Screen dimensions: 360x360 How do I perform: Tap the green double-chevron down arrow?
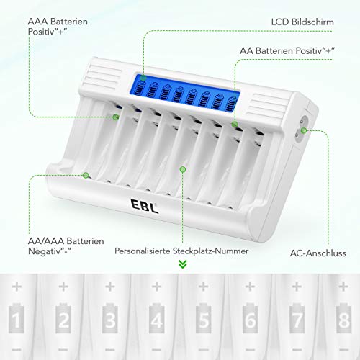(182, 265)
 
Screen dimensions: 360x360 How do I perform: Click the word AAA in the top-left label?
(38, 22)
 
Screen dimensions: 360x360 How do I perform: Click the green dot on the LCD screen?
(143, 78)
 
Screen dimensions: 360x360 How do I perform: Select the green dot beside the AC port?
(305, 131)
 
